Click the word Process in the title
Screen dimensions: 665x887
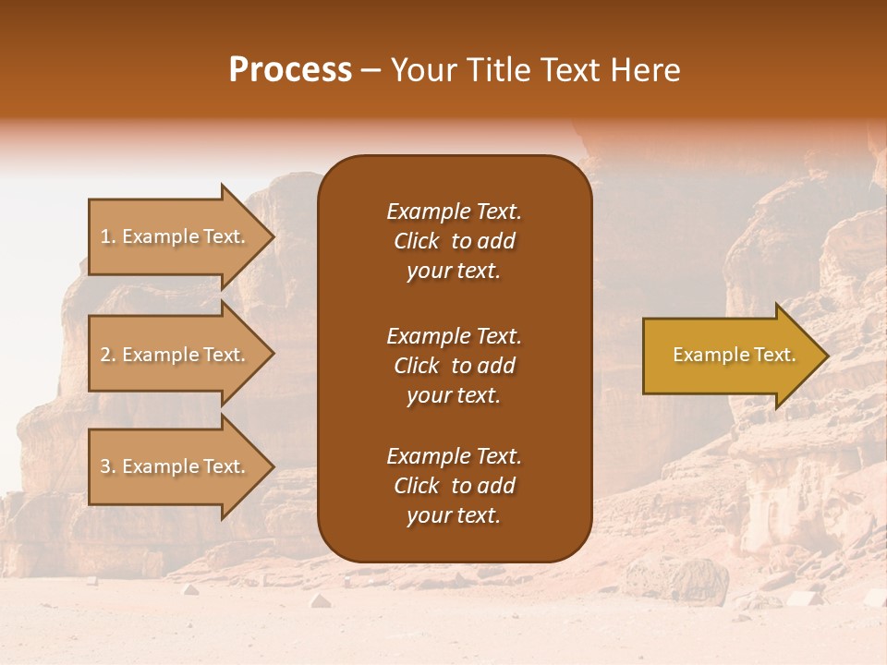pos(290,70)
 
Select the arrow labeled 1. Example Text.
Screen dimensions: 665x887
pos(176,236)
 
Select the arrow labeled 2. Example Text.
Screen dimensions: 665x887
pos(176,355)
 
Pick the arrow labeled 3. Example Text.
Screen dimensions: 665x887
pos(176,466)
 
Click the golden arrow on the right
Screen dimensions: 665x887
pos(730,356)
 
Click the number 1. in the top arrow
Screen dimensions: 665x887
pos(108,236)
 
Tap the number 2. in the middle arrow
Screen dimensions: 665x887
pos(108,355)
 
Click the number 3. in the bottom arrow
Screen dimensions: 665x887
pos(108,466)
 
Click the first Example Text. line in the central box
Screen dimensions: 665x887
pos(454,212)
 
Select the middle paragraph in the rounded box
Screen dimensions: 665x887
pos(454,366)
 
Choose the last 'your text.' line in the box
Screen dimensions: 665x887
pos(454,516)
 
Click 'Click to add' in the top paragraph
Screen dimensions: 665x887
pos(454,241)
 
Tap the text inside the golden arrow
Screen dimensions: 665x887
pos(734,355)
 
